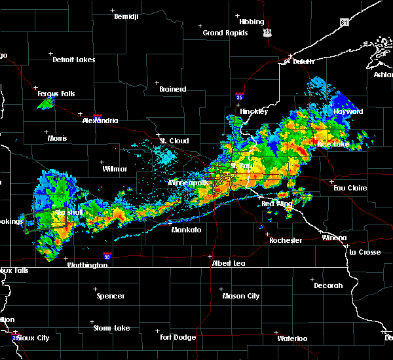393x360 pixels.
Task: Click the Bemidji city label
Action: [x=126, y=16]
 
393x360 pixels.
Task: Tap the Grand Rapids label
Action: [x=225, y=33]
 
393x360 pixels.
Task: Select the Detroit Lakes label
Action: [x=74, y=60]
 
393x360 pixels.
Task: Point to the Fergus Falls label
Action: [x=56, y=94]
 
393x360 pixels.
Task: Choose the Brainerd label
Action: [x=172, y=89]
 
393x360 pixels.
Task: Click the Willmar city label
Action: [x=115, y=169]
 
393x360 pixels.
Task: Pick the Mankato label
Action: [x=186, y=230]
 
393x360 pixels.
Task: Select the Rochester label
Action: [x=286, y=240]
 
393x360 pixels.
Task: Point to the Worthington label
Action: [x=88, y=265]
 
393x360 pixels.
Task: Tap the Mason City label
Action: [x=241, y=296]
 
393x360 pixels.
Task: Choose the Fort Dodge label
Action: [x=178, y=337]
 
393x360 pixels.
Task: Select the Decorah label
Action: [x=327, y=285]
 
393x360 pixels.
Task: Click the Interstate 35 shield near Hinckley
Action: [x=239, y=97]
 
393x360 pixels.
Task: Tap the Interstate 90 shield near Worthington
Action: [x=106, y=255]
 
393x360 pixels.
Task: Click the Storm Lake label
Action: [x=113, y=328]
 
